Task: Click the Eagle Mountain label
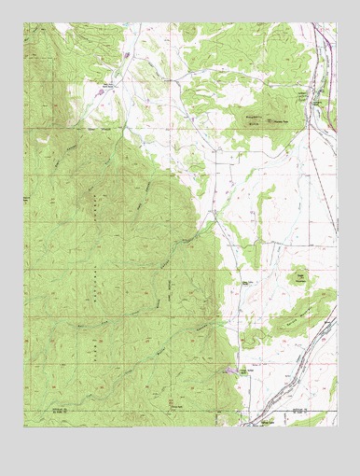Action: [299, 276]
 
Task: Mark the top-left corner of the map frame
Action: [24, 23]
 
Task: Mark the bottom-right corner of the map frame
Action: [337, 427]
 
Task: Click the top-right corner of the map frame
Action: [337, 23]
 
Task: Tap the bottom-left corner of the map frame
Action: [24, 427]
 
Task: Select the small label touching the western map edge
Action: [28, 200]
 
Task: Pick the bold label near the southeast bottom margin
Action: [298, 410]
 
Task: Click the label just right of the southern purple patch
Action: [246, 371]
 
